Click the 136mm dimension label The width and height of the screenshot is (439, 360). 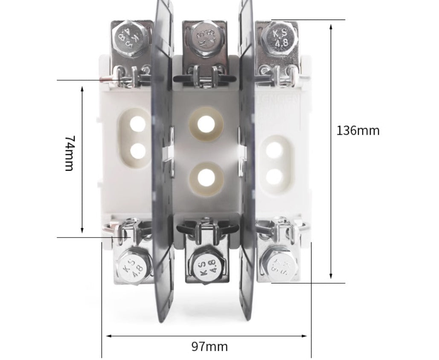[358, 131]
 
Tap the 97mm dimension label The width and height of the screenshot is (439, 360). [209, 346]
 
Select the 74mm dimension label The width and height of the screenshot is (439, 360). [70, 153]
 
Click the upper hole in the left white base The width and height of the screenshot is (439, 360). [137, 125]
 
